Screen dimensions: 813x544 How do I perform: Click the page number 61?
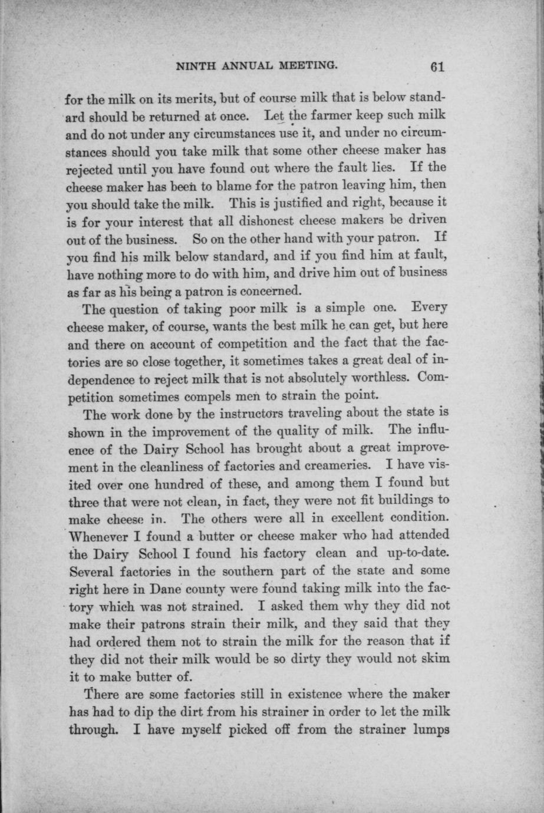436,67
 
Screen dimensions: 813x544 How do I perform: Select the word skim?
434,659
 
